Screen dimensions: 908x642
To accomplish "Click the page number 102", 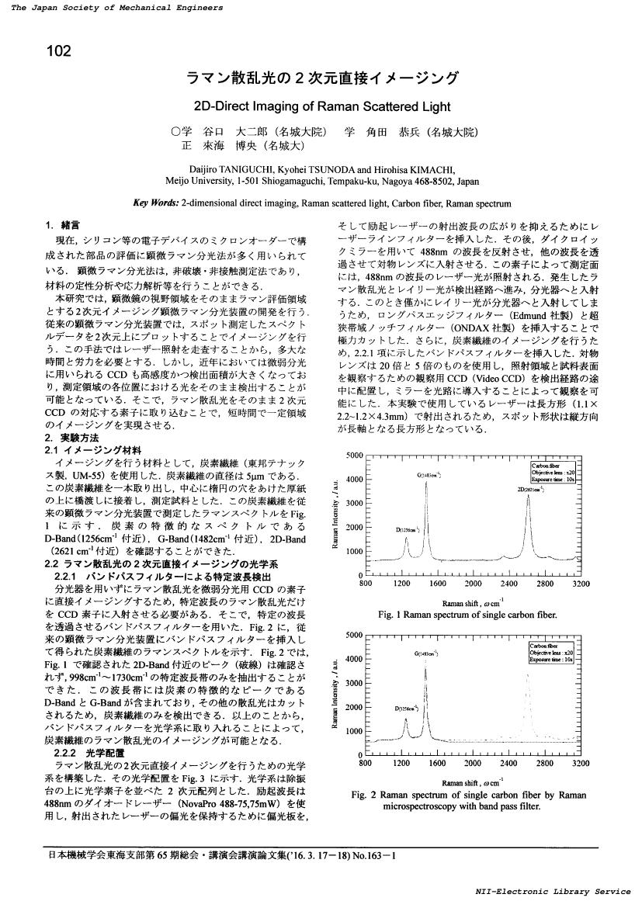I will pyautogui.click(x=60, y=52).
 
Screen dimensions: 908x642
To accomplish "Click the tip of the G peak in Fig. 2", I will pyautogui.click(x=425, y=666).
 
